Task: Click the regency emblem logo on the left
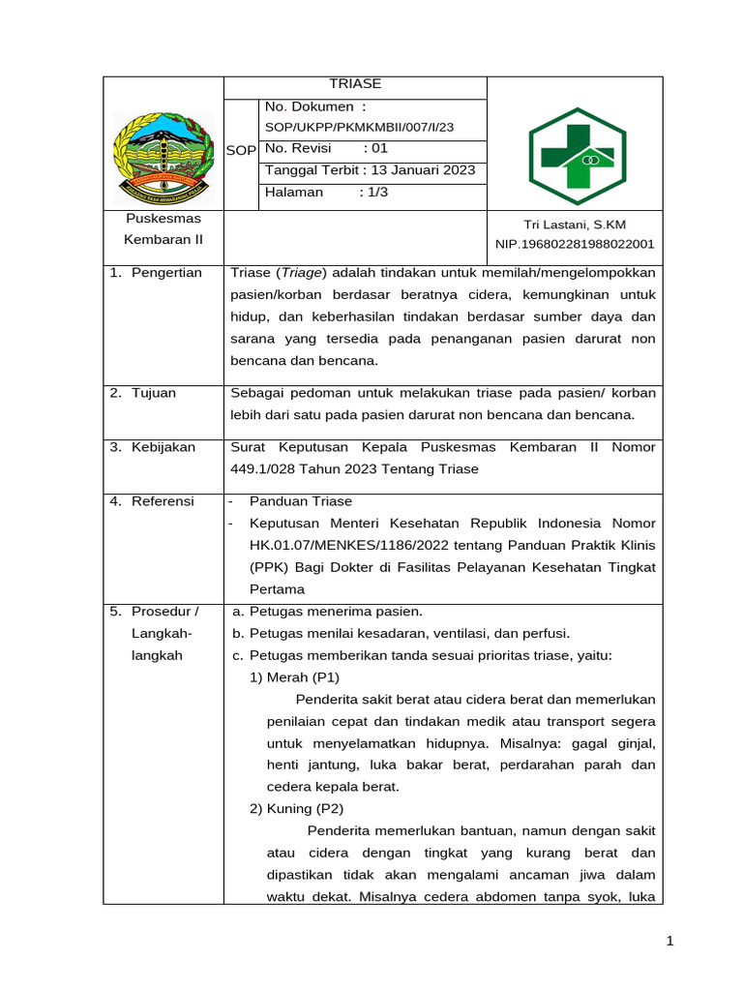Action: pyautogui.click(x=163, y=154)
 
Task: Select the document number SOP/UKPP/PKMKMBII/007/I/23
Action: pyautogui.click(x=359, y=127)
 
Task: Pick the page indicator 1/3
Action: pyautogui.click(x=372, y=193)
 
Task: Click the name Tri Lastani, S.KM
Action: pyautogui.click(x=575, y=225)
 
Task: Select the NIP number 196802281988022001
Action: pyautogui.click(x=575, y=244)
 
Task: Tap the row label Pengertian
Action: pyautogui.click(x=167, y=273)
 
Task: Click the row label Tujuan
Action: pyautogui.click(x=156, y=393)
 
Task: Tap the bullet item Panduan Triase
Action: pyautogui.click(x=301, y=501)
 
